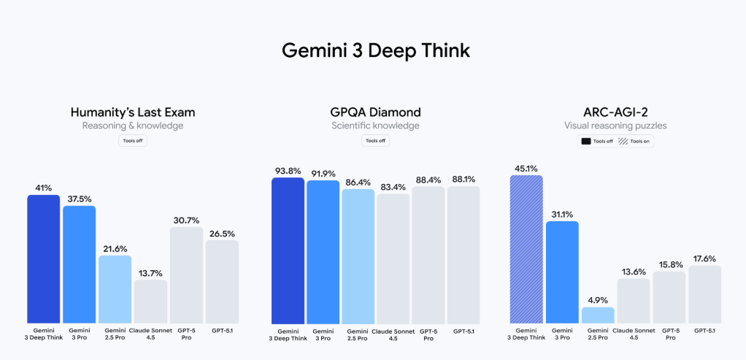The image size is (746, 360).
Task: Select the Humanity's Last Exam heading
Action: pos(132,112)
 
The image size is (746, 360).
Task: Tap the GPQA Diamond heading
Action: pos(375,112)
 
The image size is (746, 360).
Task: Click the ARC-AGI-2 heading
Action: pos(616,112)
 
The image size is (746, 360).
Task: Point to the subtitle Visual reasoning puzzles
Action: pos(616,126)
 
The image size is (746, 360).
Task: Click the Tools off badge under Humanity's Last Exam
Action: pos(132,141)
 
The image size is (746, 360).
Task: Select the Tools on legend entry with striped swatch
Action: pos(635,142)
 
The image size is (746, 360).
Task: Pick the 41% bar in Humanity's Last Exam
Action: pos(44,258)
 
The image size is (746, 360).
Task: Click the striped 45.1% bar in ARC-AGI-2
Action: pos(526,249)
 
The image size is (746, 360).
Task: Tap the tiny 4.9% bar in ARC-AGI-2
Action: pos(597,315)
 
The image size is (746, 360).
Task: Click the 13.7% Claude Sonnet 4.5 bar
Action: pos(150,302)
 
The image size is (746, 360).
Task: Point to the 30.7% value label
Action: pos(186,220)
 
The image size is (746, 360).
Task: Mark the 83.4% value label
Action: pos(393,186)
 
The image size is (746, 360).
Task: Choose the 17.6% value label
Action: pos(704,258)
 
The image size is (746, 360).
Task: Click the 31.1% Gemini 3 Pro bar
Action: pos(562,272)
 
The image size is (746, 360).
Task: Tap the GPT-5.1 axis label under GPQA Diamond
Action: pos(463,332)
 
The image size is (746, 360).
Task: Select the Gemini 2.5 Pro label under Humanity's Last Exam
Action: pos(115,335)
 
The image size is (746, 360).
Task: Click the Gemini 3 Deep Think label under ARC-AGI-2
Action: pos(526,335)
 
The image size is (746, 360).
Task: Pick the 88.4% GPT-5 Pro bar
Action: pos(428,255)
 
